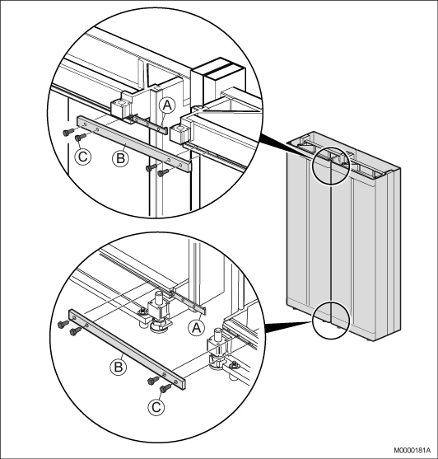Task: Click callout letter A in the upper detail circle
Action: [167, 105]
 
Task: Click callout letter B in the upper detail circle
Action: [120, 158]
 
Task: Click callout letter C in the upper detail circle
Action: [83, 157]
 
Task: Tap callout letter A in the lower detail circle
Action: [197, 327]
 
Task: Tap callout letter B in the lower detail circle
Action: [119, 367]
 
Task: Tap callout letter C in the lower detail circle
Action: [156, 407]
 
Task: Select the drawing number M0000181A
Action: [412, 450]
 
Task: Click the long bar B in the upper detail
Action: [134, 143]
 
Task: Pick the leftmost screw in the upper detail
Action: [68, 133]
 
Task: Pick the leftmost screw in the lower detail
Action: [63, 324]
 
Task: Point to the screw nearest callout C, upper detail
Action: [81, 137]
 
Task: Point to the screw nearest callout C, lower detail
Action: [165, 388]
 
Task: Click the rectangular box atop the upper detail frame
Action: [218, 77]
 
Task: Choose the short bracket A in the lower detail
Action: [188, 302]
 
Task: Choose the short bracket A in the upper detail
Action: [149, 124]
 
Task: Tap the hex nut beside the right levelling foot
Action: [234, 365]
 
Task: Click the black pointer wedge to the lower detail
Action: [288, 326]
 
